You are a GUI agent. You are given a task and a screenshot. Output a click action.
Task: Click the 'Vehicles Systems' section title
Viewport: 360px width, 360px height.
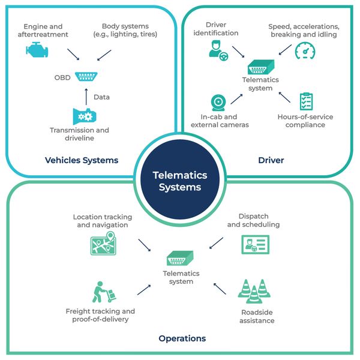(81, 160)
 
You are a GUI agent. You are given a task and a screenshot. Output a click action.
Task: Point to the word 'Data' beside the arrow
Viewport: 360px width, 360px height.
(101, 96)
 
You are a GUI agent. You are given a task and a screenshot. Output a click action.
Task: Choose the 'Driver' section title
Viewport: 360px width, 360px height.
(271, 160)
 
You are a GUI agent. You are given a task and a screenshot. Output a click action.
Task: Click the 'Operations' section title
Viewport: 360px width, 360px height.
(182, 338)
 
